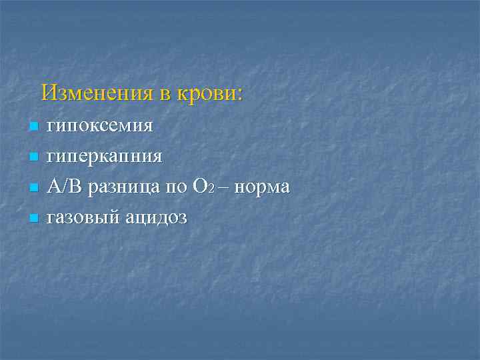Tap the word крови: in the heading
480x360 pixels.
209,93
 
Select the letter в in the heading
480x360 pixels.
165,95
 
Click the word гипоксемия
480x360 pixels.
100,126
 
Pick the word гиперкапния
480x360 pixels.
104,157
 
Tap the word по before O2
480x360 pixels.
177,189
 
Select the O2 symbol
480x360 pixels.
203,187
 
